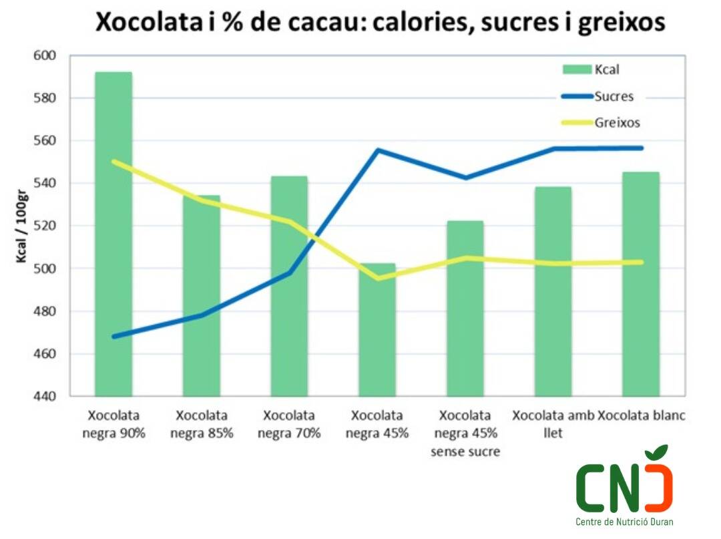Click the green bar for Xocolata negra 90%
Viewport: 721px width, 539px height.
coord(113,234)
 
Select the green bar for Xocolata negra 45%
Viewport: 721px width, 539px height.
coord(377,334)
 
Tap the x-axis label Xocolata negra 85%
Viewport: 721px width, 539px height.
coord(202,424)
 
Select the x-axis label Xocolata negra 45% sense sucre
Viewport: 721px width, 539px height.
coord(465,433)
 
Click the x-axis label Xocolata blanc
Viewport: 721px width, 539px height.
coord(642,415)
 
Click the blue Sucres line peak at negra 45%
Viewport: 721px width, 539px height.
coord(378,150)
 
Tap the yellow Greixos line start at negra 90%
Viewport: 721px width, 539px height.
coord(113,161)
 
